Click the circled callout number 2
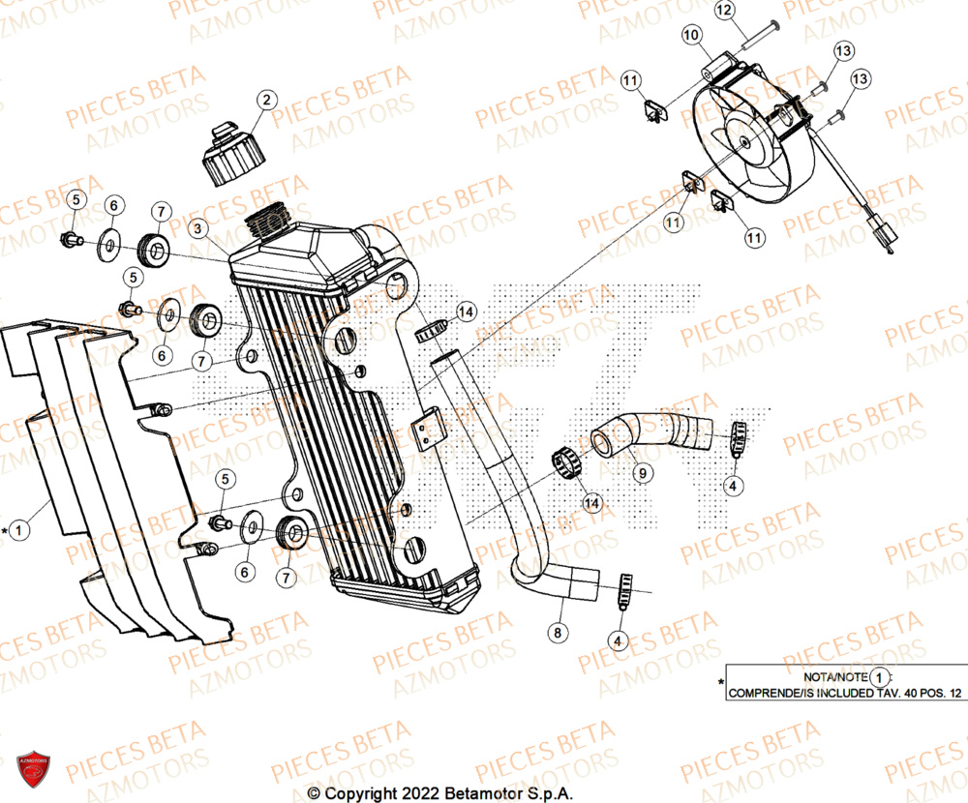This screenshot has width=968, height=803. pos(266,99)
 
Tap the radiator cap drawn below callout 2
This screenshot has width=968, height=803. pos(229,158)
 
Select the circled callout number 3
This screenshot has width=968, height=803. pos(197,229)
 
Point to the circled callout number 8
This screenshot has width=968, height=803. pos(557,634)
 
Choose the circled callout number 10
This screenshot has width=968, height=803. pos(691,36)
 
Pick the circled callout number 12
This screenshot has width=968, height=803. pos(751,11)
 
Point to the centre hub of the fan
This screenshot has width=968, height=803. pos(744,141)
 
